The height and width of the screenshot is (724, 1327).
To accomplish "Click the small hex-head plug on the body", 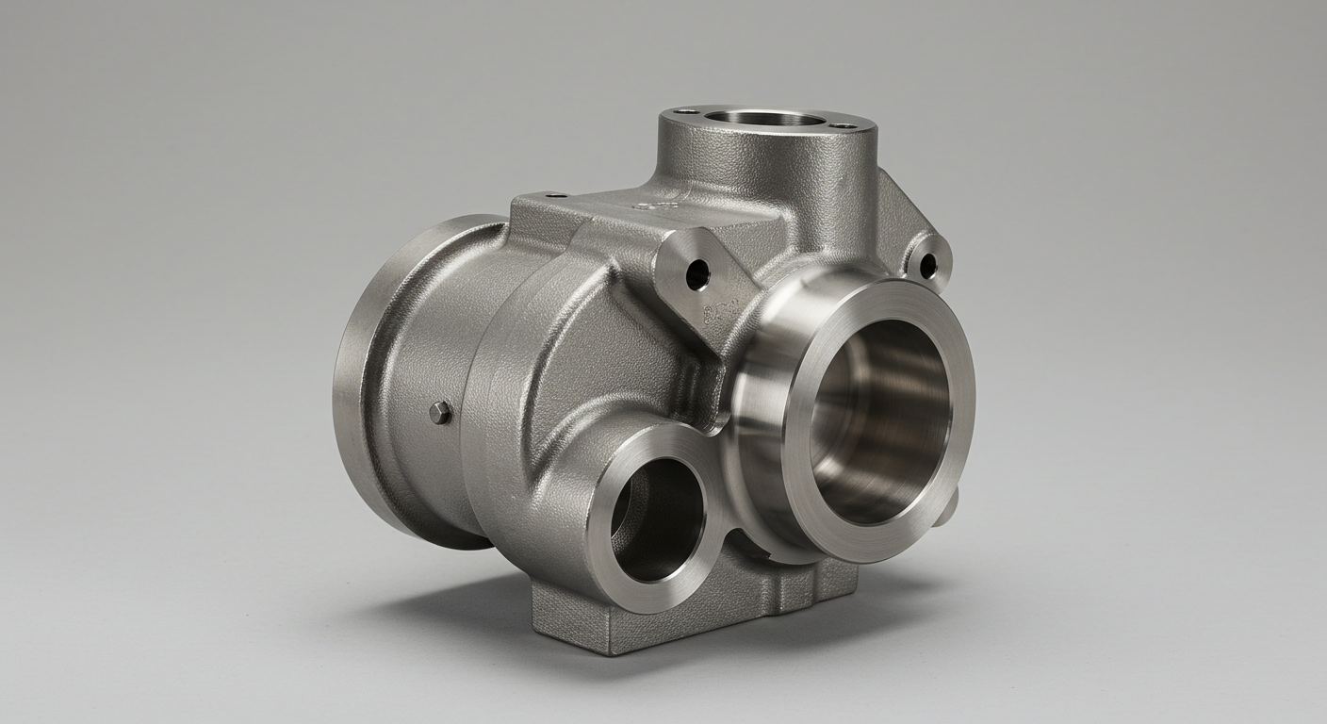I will pyautogui.click(x=440, y=412).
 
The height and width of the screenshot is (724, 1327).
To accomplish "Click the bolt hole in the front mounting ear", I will pyautogui.click(x=696, y=274).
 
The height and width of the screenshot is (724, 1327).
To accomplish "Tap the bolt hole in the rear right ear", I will pyautogui.click(x=928, y=266).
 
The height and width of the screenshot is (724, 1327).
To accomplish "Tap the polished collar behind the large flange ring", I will pyautogui.click(x=754, y=377).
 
